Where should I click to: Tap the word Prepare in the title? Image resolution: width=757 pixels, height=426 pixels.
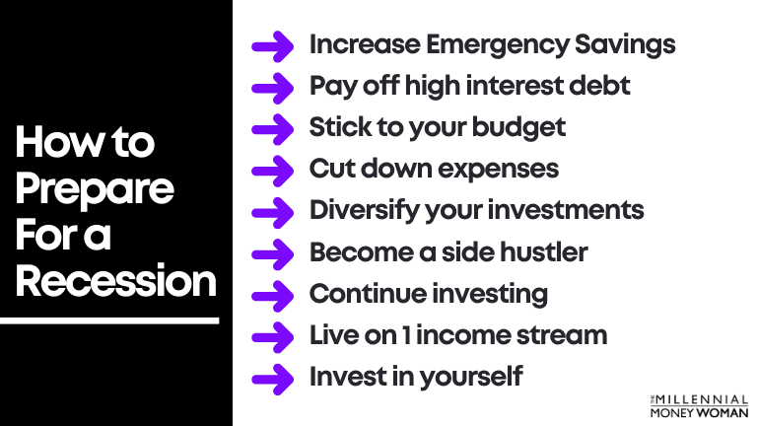coord(95,188)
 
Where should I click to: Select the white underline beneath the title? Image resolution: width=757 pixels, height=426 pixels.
coord(109,320)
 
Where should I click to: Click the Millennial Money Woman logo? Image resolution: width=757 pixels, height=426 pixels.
coord(699,405)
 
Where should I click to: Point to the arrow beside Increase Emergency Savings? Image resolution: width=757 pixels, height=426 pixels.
coord(272,45)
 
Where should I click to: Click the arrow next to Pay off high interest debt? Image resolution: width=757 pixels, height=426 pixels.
coord(272,87)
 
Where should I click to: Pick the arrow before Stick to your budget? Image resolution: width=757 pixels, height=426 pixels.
coord(272,128)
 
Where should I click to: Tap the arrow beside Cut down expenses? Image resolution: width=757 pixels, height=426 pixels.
coord(272,170)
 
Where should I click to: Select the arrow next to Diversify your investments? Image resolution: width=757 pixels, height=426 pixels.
coord(272,211)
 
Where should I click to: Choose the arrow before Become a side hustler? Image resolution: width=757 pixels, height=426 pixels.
coord(272,252)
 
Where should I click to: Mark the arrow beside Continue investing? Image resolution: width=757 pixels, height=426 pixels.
coord(272,294)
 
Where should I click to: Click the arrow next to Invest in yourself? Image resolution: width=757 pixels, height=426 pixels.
coord(272,377)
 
